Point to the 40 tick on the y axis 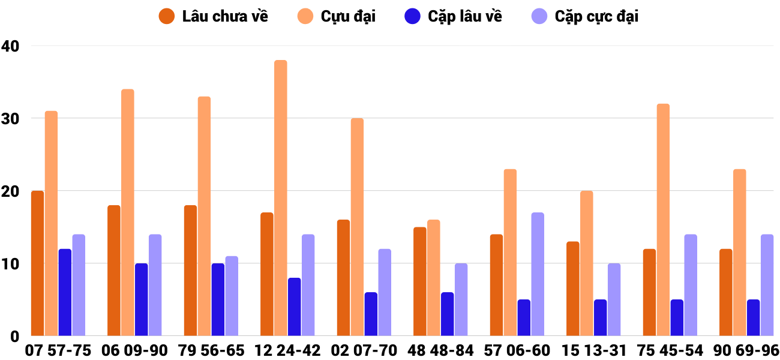(11, 46)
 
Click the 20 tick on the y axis (11, 191)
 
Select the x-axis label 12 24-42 (287, 350)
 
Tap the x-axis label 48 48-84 (440, 350)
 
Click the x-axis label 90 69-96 (746, 350)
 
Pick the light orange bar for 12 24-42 (281, 198)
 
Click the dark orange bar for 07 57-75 (38, 263)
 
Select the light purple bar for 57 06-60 (538, 274)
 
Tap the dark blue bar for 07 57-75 (65, 292)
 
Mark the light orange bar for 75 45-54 (663, 220)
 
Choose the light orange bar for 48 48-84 (434, 278)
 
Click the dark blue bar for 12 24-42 (295, 307)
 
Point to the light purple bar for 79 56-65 (232, 296)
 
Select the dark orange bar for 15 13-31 (573, 289)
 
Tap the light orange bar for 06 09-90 (128, 212)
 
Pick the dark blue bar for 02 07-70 (371, 314)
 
